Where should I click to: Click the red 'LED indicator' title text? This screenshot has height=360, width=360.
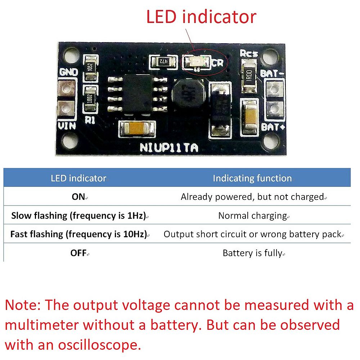click(x=201, y=17)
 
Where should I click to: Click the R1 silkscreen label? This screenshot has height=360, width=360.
click(x=90, y=121)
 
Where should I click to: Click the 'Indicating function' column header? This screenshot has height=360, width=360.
click(x=252, y=178)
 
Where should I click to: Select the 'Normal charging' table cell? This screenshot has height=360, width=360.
click(x=252, y=216)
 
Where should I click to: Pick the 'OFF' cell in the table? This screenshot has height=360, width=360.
click(x=78, y=253)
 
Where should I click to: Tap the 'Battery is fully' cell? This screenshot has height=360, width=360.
click(x=252, y=253)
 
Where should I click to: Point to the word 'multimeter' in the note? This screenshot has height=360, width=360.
click(x=42, y=325)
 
